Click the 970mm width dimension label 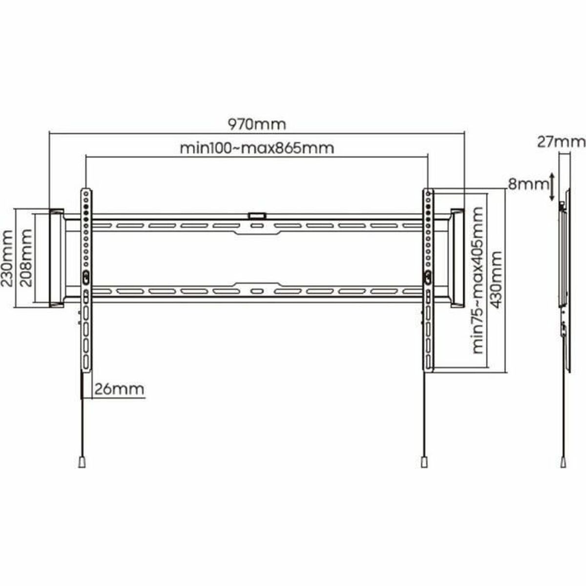257,124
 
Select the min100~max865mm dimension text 257,147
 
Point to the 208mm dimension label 26,259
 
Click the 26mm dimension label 119,389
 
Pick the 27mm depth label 561,142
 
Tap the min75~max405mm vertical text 477,280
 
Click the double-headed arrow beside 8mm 552,186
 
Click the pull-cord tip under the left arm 82,461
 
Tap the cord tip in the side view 565,461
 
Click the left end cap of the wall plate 56,258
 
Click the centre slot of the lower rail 256,292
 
